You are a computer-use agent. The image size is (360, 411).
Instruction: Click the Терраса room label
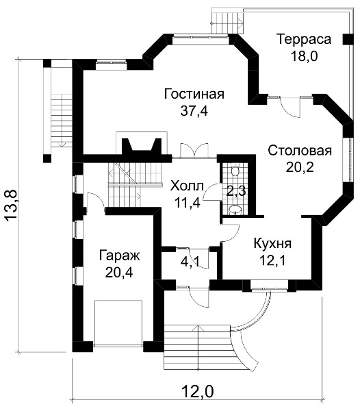coord(304,39)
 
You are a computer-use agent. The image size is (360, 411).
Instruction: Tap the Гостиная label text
coord(194,94)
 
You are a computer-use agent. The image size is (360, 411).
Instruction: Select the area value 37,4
coord(194,111)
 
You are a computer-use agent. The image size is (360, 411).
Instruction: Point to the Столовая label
coord(300,151)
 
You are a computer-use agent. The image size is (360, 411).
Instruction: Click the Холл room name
coord(187,186)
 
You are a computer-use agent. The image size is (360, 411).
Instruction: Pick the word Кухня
coord(272,243)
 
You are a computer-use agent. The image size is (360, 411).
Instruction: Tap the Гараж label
coord(119,256)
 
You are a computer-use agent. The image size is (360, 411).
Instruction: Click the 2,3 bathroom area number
coord(236,192)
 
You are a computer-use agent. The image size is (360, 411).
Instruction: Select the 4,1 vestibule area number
coord(190,262)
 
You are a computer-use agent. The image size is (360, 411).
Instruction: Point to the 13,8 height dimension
coord(12,206)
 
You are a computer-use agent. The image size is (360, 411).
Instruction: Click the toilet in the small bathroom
coord(235,170)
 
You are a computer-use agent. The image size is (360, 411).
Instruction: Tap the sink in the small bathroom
coord(235,210)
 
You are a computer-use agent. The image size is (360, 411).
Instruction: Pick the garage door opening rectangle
coord(118,324)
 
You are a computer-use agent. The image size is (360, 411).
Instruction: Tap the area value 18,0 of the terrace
coord(304,56)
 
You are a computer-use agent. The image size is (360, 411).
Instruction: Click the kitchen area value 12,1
coord(272,260)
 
